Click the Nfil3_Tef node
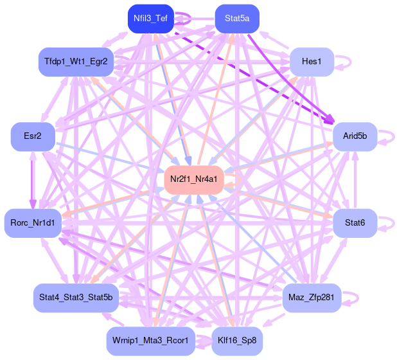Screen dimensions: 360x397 (150, 19)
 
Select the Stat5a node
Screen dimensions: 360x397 (237, 19)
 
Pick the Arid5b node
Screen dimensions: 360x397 (355, 136)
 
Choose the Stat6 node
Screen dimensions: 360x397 (355, 222)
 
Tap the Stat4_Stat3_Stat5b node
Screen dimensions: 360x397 (76, 298)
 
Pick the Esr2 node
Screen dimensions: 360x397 (33, 136)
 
